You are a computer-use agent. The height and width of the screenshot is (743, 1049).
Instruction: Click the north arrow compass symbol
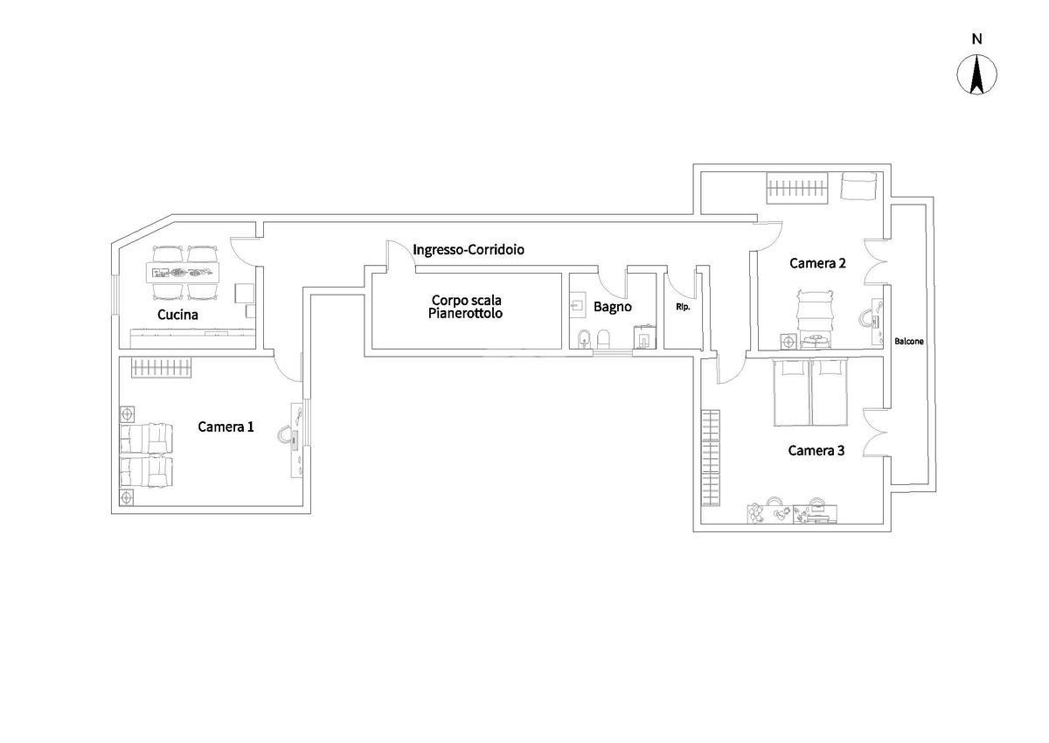click(977, 74)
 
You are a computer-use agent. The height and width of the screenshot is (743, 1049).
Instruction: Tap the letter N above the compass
click(977, 38)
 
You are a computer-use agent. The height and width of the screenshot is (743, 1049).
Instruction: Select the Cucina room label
click(177, 314)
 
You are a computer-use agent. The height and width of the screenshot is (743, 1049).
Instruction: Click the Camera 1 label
click(226, 427)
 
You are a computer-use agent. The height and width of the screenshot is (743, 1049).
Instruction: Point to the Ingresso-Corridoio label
click(469, 250)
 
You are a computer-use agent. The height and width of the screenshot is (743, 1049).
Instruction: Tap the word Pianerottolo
click(466, 313)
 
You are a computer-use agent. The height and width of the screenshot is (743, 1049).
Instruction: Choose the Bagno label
click(612, 307)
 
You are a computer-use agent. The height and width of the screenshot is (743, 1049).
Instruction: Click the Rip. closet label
click(682, 307)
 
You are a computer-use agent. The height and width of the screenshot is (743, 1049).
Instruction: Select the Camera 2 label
click(817, 262)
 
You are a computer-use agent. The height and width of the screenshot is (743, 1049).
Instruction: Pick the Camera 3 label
click(816, 451)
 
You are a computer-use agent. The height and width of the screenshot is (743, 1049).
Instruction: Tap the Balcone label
click(908, 342)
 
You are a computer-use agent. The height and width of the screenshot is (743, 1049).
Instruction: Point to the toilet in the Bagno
click(603, 338)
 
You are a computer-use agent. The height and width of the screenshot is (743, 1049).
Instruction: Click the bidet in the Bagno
click(585, 338)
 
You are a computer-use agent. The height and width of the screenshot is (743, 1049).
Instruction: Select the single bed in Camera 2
click(815, 310)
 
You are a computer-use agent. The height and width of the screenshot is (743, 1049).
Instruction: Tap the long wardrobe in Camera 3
click(711, 458)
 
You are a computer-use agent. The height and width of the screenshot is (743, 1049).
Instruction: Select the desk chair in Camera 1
click(285, 434)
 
